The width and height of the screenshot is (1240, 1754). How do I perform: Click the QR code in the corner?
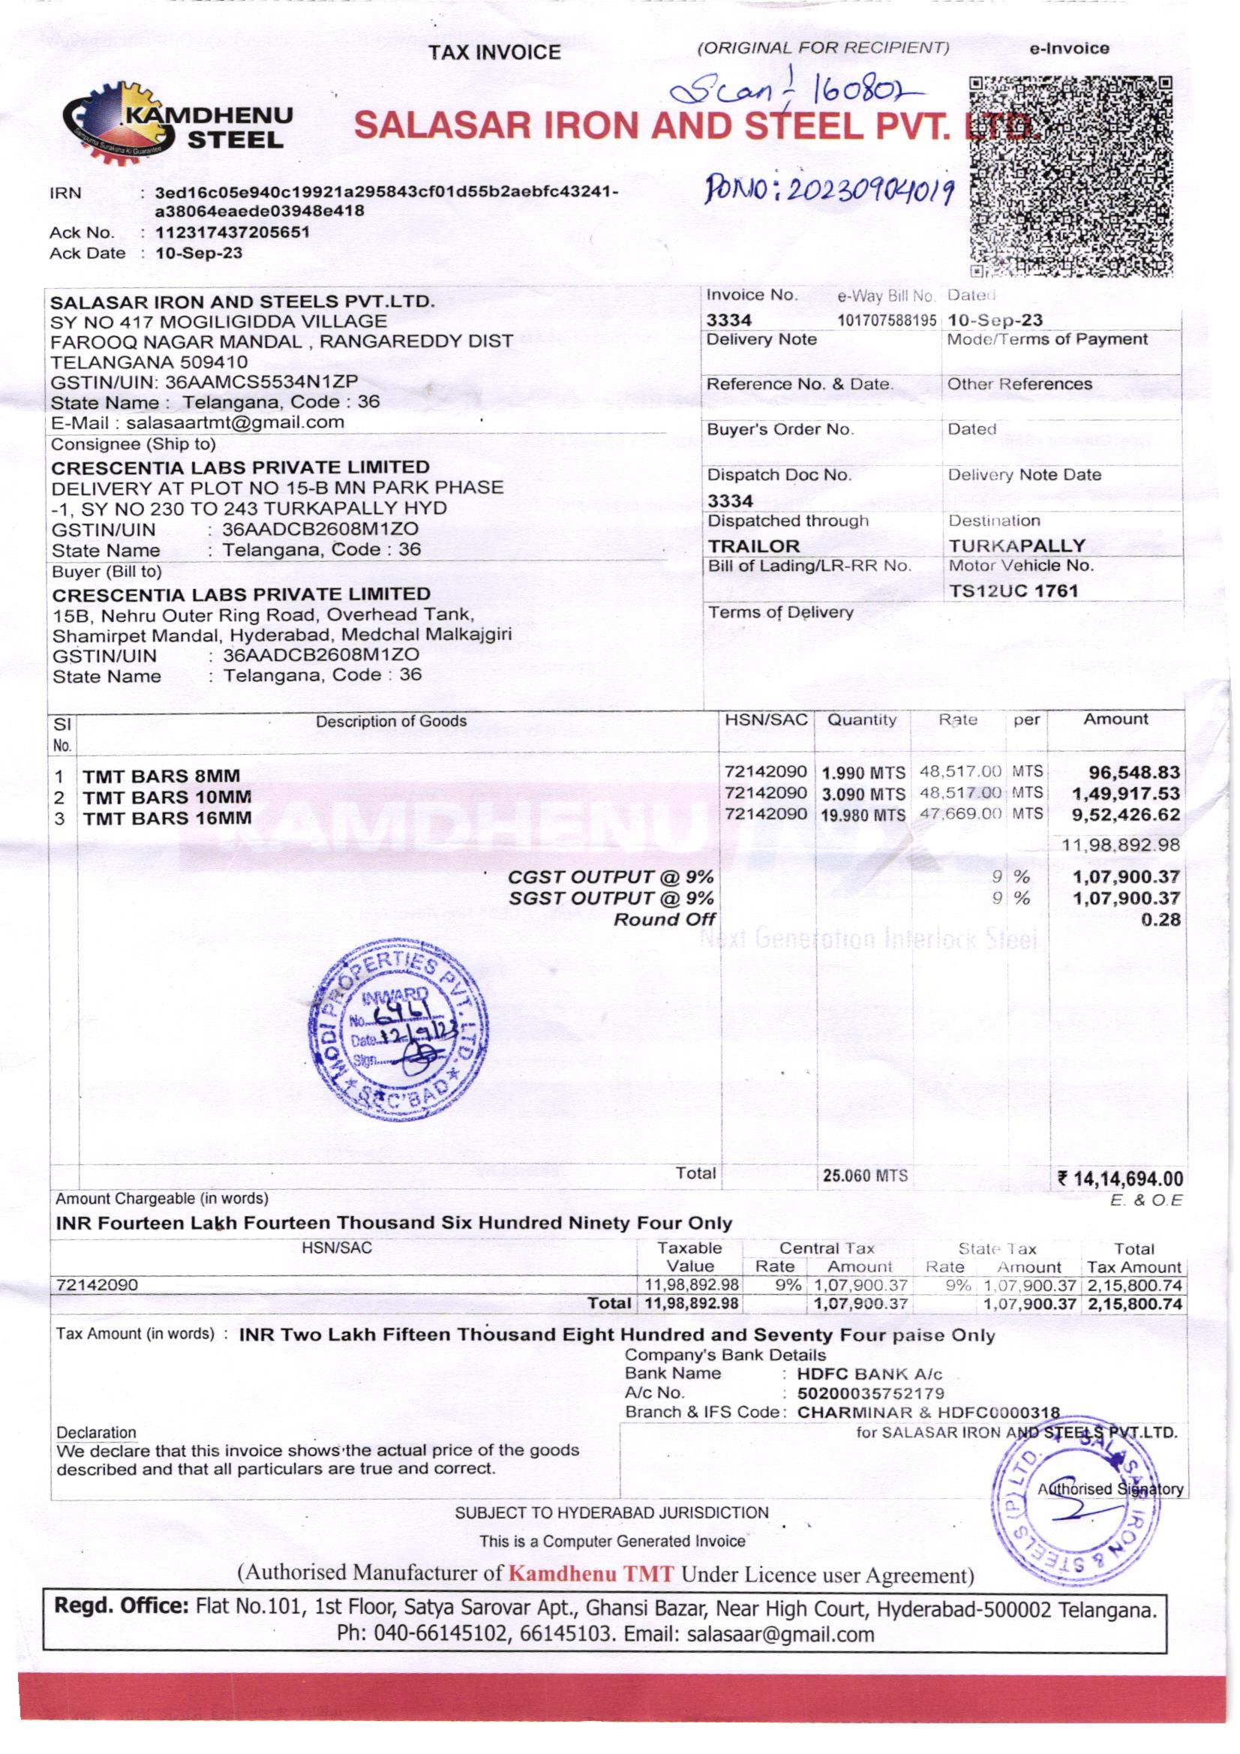point(1071,176)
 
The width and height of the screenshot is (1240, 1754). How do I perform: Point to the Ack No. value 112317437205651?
point(233,233)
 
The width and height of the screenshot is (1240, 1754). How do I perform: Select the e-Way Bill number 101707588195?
point(887,321)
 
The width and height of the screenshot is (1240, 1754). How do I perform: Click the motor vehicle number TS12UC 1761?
point(1013,591)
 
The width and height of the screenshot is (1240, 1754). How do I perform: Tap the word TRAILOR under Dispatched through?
point(753,546)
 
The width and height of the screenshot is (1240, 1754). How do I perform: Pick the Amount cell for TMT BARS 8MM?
point(1136,772)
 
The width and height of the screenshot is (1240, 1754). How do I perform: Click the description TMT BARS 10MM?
point(167,797)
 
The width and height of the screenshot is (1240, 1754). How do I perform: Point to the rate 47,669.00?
point(960,813)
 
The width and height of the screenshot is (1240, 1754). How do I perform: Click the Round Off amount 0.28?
point(1160,919)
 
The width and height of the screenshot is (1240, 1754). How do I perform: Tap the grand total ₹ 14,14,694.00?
point(1120,1179)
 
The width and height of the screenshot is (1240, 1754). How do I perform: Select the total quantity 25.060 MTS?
point(865,1176)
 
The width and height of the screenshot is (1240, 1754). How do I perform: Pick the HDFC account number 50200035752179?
point(870,1392)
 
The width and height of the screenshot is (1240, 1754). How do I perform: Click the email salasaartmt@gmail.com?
point(235,422)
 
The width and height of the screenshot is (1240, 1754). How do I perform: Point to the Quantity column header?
point(862,719)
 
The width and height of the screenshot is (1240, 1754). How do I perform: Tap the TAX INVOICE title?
point(494,52)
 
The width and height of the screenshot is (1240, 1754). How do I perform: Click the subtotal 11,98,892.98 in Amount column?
point(1121,845)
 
